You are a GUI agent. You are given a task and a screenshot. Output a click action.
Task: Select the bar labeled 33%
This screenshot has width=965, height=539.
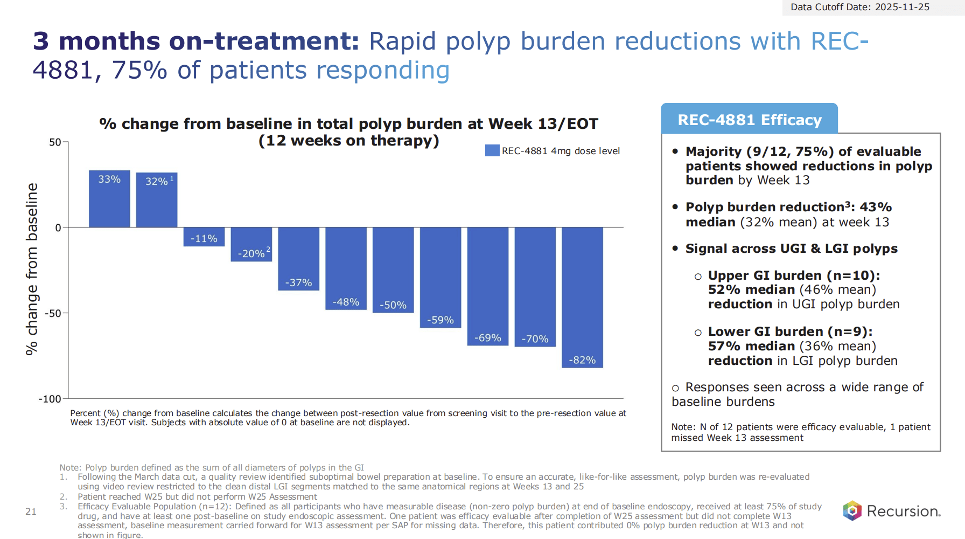pyautogui.click(x=109, y=199)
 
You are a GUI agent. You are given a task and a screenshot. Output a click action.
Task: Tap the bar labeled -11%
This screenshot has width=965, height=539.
pyautogui.click(x=204, y=237)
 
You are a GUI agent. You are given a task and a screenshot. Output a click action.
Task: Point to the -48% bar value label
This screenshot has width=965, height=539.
pyautogui.click(x=346, y=302)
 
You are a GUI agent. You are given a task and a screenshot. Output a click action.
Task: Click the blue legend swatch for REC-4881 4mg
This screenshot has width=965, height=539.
pyautogui.click(x=492, y=150)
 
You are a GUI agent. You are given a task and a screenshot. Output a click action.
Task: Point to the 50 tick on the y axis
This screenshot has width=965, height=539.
pyautogui.click(x=55, y=142)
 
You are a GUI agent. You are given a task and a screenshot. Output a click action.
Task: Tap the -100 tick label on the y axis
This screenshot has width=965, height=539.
pyautogui.click(x=50, y=399)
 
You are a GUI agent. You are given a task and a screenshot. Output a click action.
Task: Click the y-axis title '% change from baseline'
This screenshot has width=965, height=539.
pyautogui.click(x=32, y=268)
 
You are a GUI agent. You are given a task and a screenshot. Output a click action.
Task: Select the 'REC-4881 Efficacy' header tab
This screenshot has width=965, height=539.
pyautogui.click(x=749, y=120)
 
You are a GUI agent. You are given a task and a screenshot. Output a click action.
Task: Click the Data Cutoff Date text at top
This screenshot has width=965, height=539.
pyautogui.click(x=859, y=7)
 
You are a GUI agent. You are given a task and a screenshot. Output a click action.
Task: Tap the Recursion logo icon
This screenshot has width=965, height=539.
pyautogui.click(x=852, y=510)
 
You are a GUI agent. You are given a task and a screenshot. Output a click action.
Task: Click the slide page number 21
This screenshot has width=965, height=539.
pyautogui.click(x=31, y=512)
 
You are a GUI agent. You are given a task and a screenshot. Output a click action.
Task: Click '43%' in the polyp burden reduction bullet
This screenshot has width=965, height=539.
pyautogui.click(x=876, y=207)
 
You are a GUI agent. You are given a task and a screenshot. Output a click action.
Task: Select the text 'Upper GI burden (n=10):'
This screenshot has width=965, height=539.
pyautogui.click(x=793, y=275)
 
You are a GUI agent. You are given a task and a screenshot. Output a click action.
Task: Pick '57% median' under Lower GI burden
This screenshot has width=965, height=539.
pyautogui.click(x=751, y=346)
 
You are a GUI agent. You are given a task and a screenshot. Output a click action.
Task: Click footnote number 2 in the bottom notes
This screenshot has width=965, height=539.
pyautogui.click(x=64, y=496)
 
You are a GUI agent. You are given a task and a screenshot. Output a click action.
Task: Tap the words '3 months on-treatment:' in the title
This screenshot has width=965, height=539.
pyautogui.click(x=196, y=42)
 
